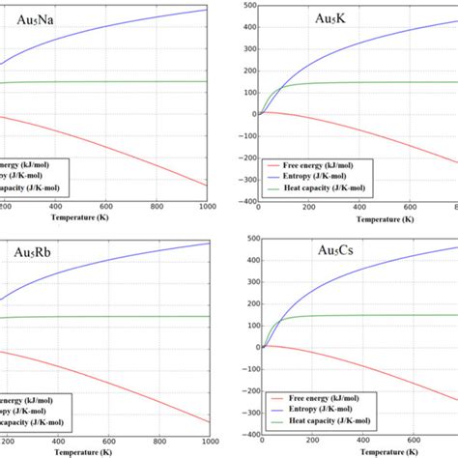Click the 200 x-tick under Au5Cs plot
pos(311,444)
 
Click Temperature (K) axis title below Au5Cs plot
pos(361,453)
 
